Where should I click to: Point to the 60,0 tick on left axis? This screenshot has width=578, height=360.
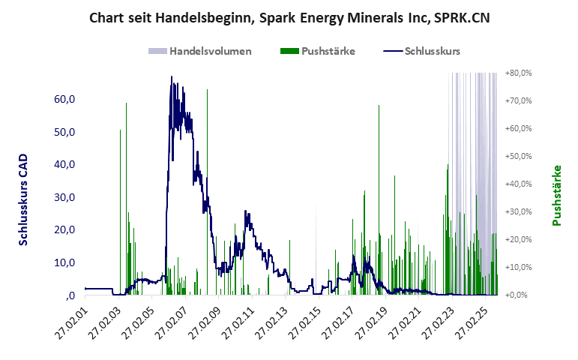(64, 99)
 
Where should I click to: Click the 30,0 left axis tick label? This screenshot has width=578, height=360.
(64, 197)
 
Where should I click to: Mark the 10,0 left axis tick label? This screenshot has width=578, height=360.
(64, 262)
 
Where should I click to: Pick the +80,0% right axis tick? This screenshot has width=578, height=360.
(518, 73)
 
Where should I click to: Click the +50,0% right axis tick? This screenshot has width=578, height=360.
(518, 156)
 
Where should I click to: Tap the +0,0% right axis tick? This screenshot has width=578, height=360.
(518, 295)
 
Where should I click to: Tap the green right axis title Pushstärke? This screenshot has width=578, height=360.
(556, 195)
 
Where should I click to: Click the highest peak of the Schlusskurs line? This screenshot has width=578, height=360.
(172, 76)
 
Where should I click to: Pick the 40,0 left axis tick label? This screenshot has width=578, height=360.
(64, 164)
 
